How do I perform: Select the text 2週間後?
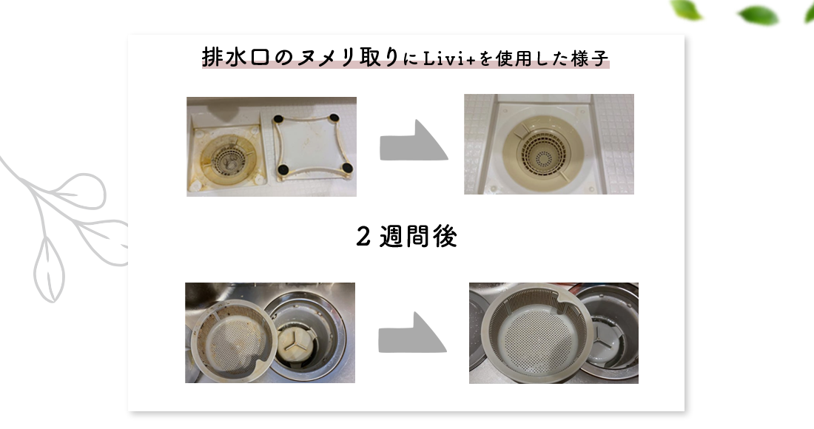click(407, 237)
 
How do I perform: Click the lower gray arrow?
click(412, 333)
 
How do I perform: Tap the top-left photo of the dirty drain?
click(272, 146)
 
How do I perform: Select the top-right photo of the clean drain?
click(549, 144)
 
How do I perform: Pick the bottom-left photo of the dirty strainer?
click(270, 333)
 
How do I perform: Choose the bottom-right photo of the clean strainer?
click(554, 334)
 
